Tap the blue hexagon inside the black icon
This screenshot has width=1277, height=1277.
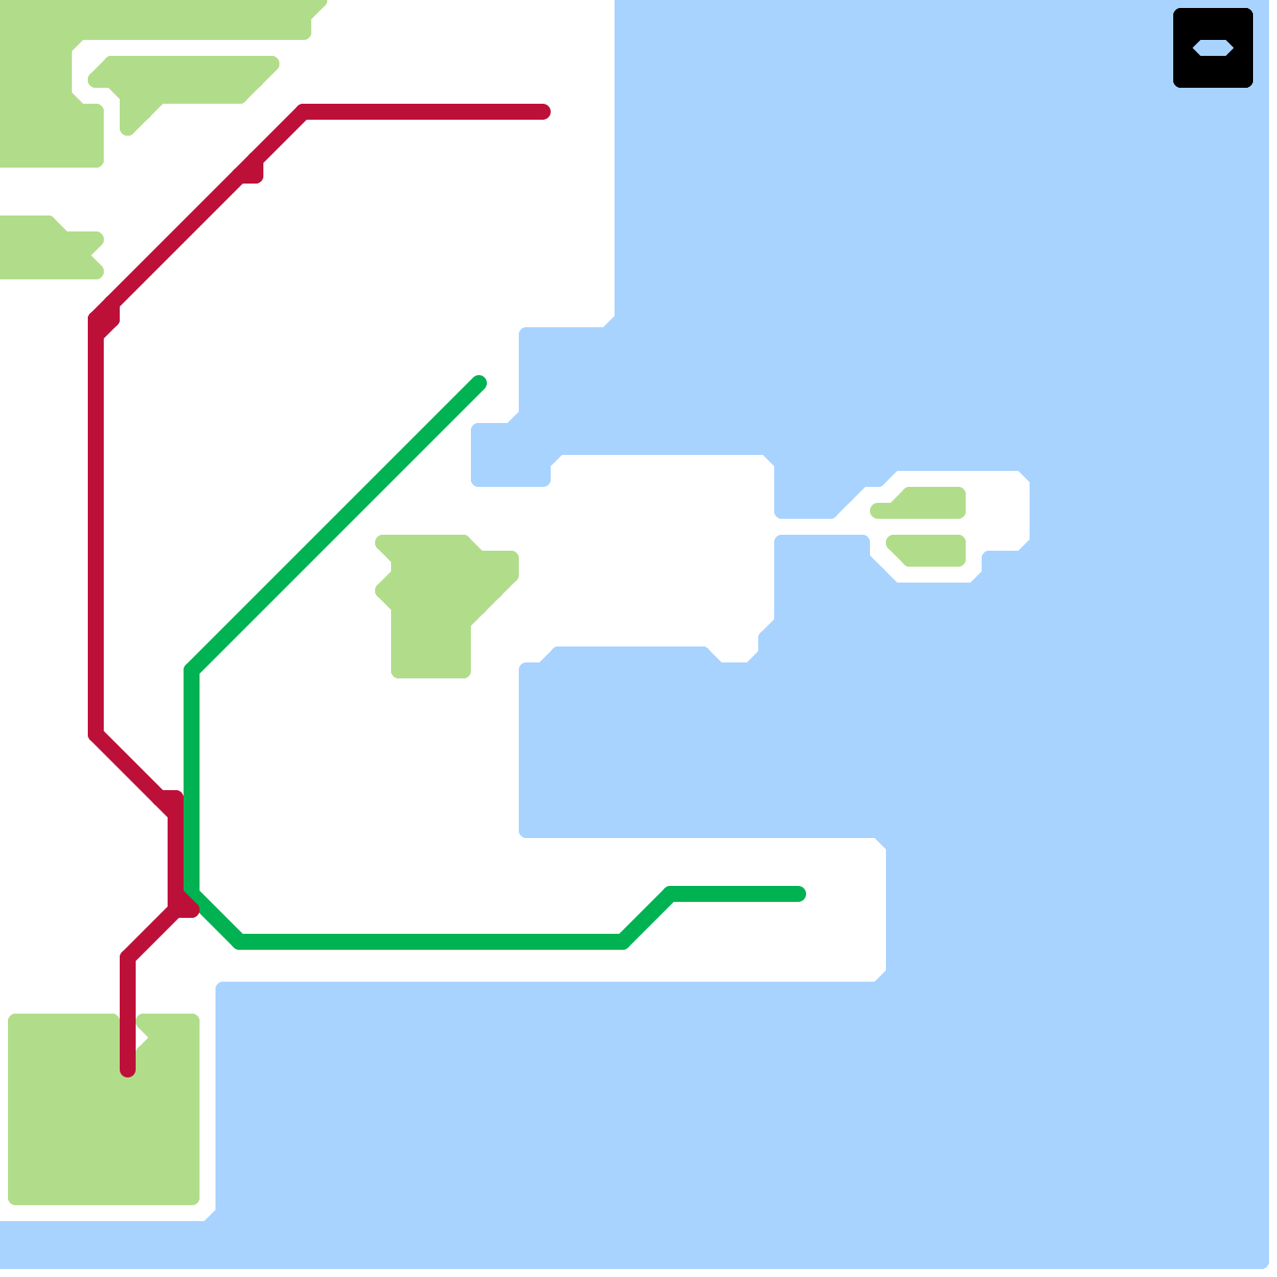[1212, 48]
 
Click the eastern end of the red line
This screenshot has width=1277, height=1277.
[543, 112]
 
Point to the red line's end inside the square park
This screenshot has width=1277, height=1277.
[128, 1068]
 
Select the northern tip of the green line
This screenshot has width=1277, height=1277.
[479, 383]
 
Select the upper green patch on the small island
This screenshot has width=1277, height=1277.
[930, 503]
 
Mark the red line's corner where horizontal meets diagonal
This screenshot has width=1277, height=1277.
[303, 113]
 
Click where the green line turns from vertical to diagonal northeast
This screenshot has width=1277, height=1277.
[192, 670]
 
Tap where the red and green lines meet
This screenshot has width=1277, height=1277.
[185, 898]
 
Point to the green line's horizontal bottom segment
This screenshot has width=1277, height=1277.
[431, 942]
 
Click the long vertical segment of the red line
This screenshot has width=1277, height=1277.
[96, 527]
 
